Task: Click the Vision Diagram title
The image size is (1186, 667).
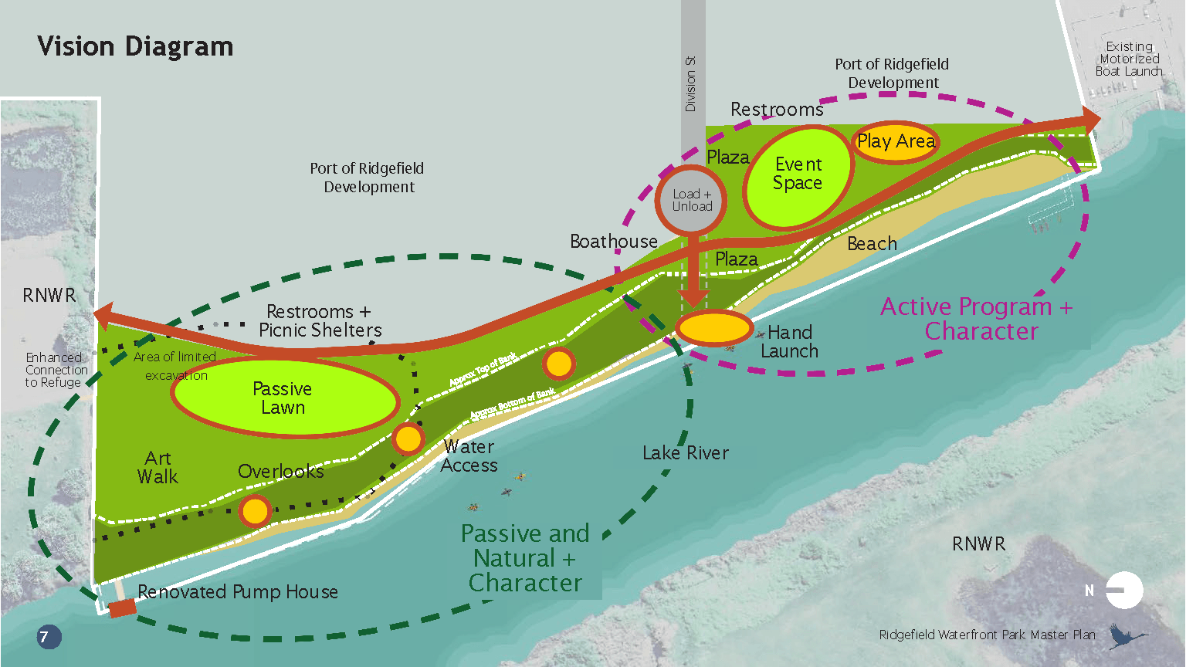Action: [x=135, y=46]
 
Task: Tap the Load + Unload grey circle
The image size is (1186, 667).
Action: [x=692, y=200]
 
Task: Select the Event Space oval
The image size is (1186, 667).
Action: [x=798, y=176]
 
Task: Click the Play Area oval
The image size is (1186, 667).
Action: [x=896, y=142]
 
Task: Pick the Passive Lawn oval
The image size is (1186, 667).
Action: [x=284, y=398]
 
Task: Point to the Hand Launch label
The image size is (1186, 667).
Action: [x=789, y=342]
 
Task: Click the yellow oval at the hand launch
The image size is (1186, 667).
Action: [x=714, y=328]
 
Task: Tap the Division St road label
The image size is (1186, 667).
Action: [x=691, y=83]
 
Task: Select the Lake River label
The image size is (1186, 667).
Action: [x=686, y=453]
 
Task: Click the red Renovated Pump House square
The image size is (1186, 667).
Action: [x=122, y=608]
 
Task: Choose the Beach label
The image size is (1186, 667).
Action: [x=872, y=244]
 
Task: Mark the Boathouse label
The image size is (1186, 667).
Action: [x=614, y=242]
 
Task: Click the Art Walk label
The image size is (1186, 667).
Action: [x=158, y=468]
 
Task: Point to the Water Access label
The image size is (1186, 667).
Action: [x=469, y=456]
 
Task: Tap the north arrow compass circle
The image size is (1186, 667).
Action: [x=1124, y=591]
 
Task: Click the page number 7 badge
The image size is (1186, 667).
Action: [x=49, y=637]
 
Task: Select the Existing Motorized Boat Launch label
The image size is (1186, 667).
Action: [x=1129, y=59]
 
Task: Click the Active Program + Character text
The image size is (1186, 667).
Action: [x=978, y=319]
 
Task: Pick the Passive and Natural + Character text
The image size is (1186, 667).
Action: [x=525, y=558]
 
